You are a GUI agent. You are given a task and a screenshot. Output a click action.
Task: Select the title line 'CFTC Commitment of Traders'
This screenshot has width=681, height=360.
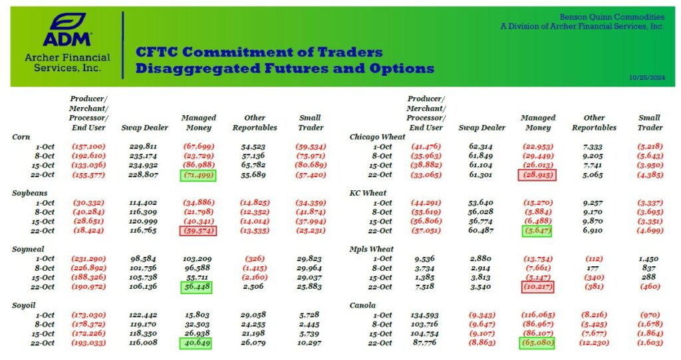tap(259, 53)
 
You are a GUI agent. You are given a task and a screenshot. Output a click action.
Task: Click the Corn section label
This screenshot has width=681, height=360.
tap(21, 136)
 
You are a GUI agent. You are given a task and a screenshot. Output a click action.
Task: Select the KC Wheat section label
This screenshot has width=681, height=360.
tap(368, 192)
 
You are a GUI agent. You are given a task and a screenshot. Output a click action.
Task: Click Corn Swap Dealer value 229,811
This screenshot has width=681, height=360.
tap(143, 146)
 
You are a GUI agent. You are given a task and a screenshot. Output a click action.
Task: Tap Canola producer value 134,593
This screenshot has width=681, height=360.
tap(426, 315)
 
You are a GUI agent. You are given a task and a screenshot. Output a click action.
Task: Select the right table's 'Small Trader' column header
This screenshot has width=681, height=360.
tap(649, 122)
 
